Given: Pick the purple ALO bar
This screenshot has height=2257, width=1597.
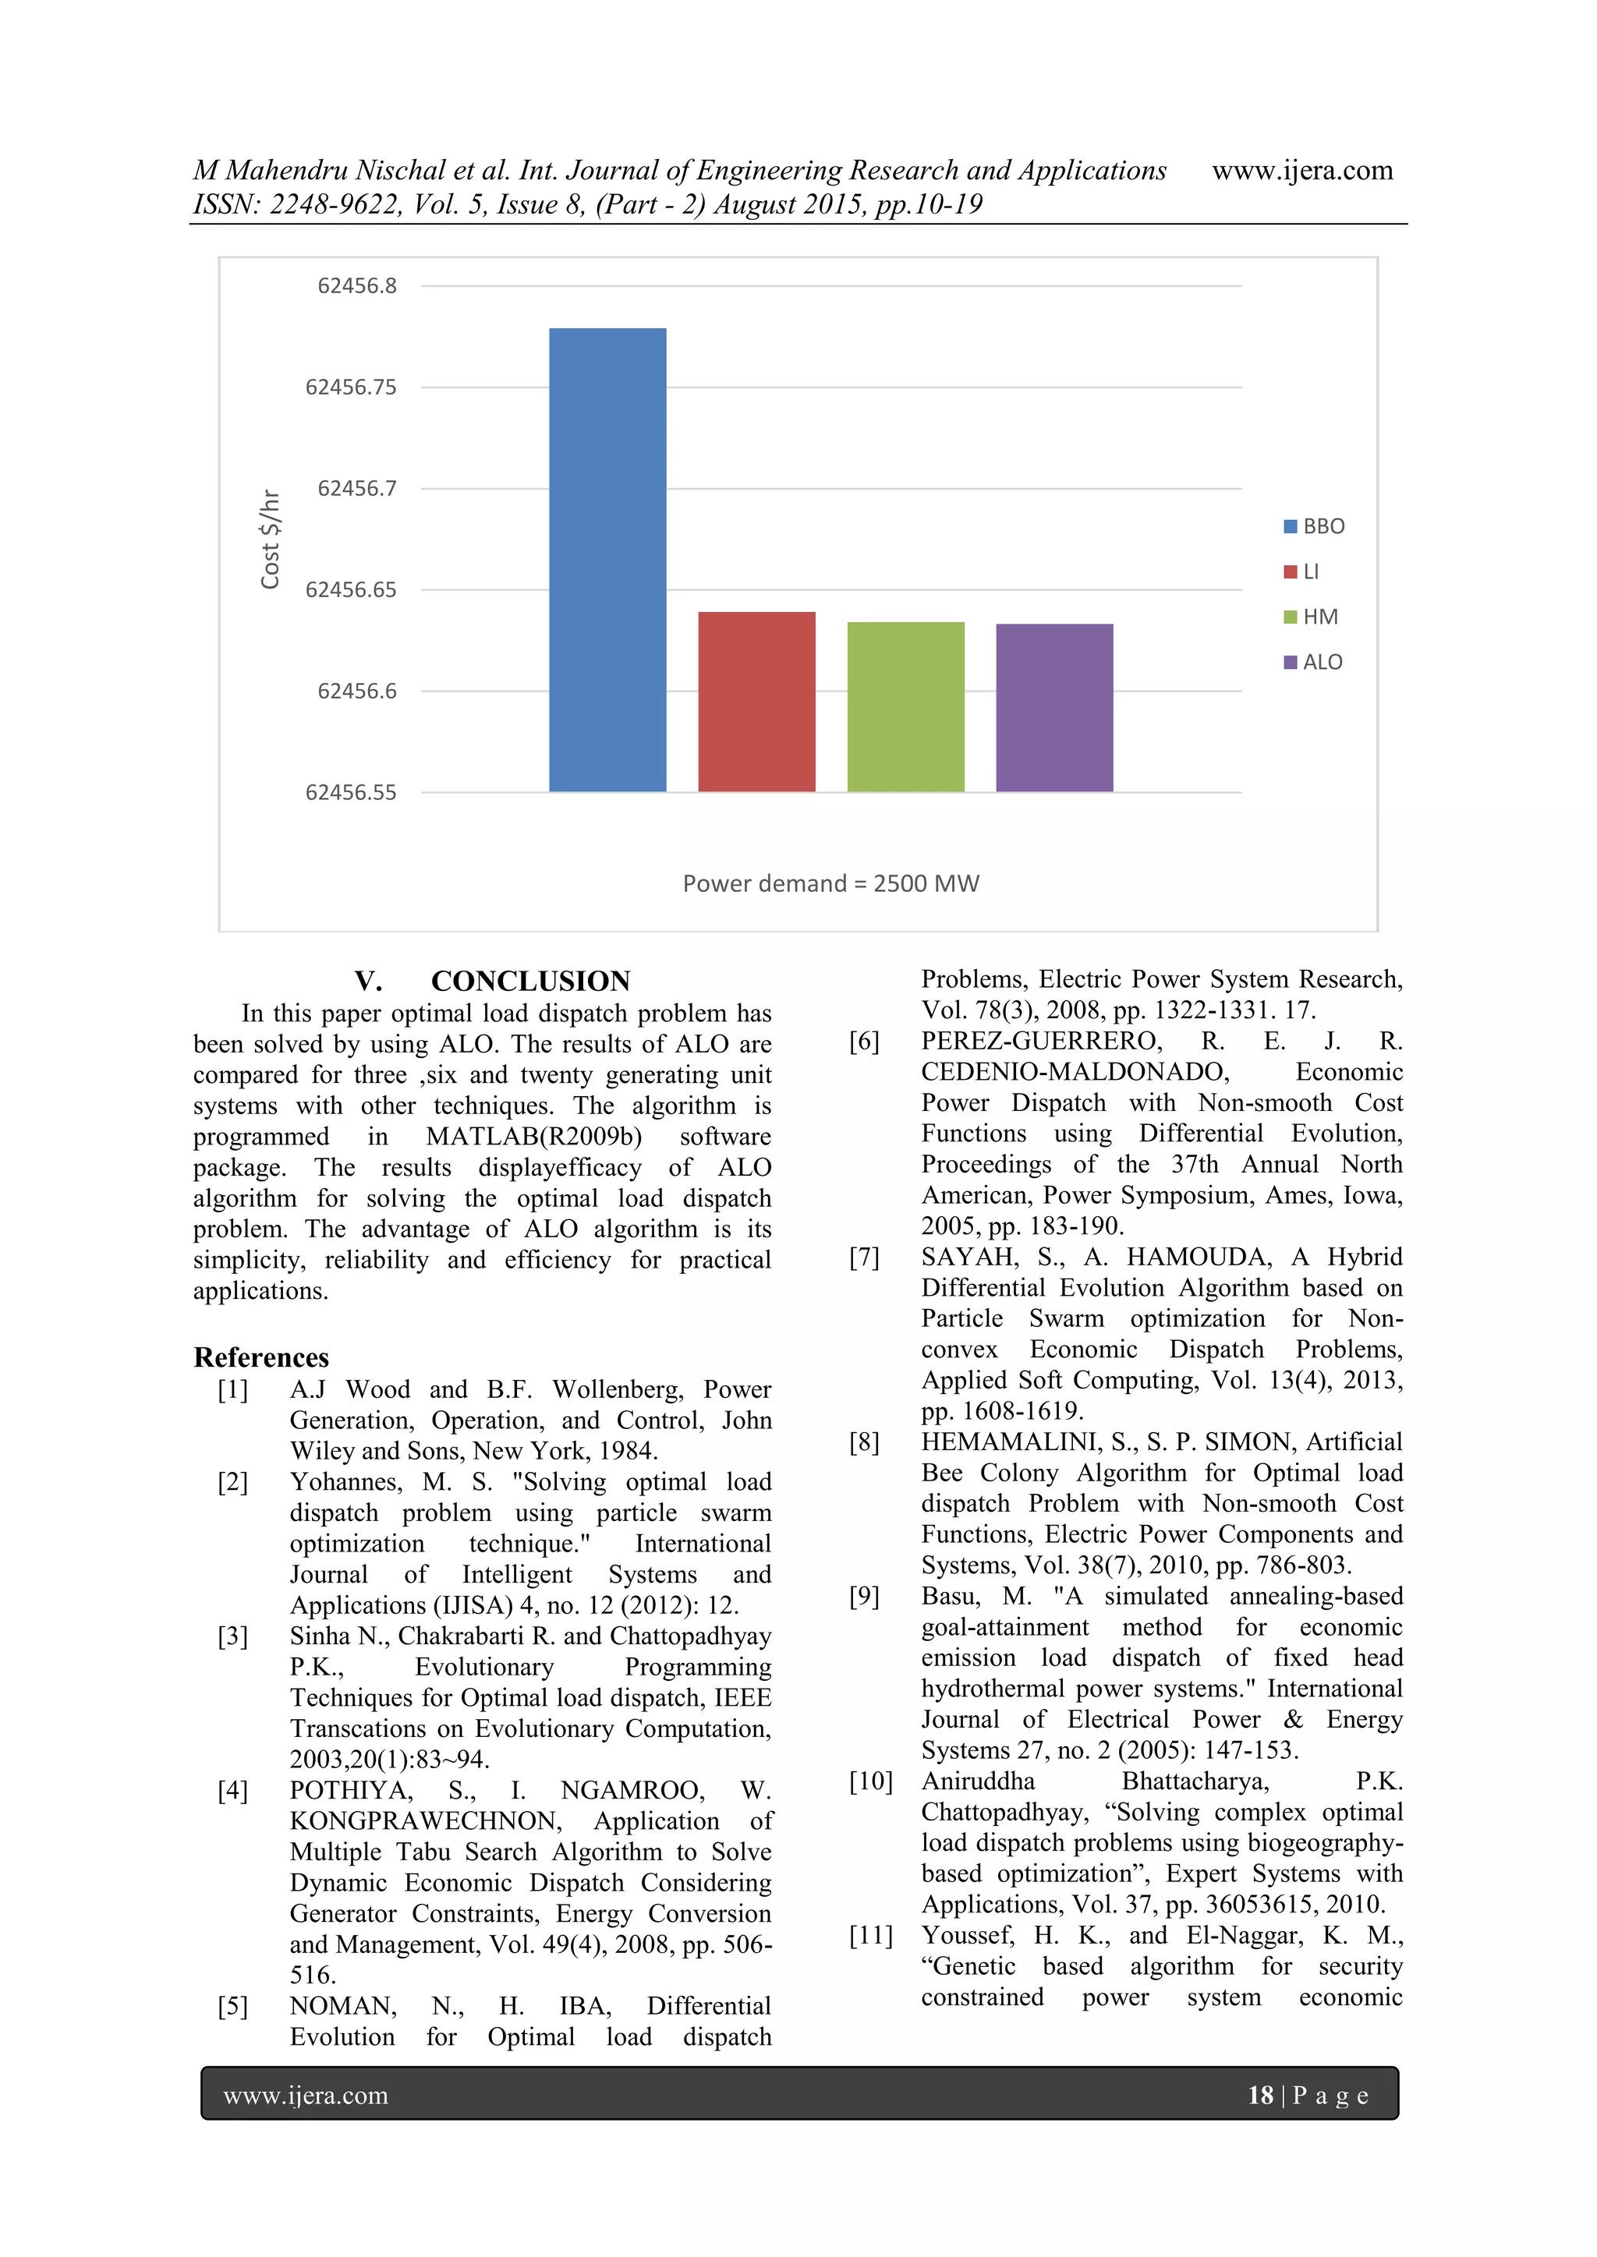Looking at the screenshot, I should point(1054,707).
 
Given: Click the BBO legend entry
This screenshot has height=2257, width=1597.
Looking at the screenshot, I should point(1314,527).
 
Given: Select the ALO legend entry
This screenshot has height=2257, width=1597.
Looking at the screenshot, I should point(1314,663).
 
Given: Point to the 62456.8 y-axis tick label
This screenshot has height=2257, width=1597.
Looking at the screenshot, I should point(357,286).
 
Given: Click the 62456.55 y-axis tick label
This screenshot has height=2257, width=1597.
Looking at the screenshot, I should point(351,792).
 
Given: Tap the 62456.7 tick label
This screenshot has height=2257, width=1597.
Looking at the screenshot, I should point(357,489).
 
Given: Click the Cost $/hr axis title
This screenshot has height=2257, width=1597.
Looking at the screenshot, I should point(271,539).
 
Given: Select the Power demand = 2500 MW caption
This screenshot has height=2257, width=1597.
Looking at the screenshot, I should point(831,884).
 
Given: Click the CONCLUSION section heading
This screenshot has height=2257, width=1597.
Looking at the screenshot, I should point(530,981).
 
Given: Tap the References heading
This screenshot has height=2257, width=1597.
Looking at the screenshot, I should point(261,1357).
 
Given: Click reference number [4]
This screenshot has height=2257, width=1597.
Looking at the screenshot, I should point(233,1791).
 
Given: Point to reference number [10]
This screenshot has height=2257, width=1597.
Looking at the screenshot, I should point(870,1781).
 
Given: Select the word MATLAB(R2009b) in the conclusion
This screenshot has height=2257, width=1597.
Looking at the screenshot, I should point(534,1137).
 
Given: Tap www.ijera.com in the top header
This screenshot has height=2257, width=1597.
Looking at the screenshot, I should point(1302,171).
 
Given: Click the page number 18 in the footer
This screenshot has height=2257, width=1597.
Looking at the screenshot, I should point(1259,2096).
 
